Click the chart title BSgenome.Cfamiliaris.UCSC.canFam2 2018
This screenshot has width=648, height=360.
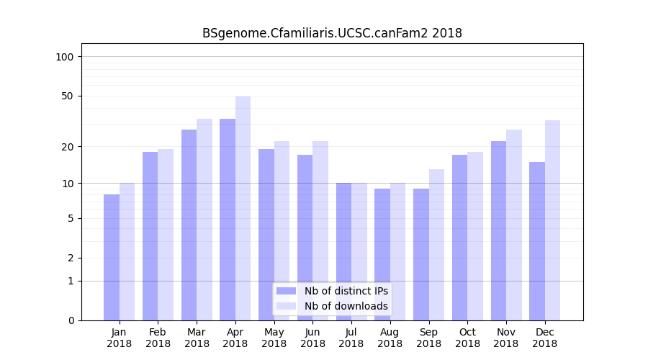[x=332, y=33]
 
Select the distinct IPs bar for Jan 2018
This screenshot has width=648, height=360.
[x=112, y=257]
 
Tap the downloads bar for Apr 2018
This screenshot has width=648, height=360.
[x=243, y=208]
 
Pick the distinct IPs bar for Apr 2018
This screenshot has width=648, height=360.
[x=228, y=220]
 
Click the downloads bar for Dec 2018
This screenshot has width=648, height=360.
[x=552, y=220]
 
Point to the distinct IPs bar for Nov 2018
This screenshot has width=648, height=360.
[x=498, y=230]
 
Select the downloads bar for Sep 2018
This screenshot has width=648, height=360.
[x=436, y=245]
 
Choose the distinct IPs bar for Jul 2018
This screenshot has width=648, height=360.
[x=343, y=251]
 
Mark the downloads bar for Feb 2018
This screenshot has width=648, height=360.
[x=166, y=235]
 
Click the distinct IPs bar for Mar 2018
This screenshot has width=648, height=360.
[x=189, y=225]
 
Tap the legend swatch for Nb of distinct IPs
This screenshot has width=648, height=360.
[x=286, y=291]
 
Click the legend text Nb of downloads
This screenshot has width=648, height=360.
[x=346, y=306]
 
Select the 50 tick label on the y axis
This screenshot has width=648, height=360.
[x=67, y=96]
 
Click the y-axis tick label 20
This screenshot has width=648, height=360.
[x=67, y=147]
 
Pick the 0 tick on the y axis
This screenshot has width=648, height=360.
[x=70, y=320]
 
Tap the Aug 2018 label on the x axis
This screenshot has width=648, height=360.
[x=390, y=338]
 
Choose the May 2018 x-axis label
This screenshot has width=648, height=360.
[x=274, y=338]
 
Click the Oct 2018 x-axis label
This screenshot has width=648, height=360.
[x=467, y=338]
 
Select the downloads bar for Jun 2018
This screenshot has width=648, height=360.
[x=320, y=230]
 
